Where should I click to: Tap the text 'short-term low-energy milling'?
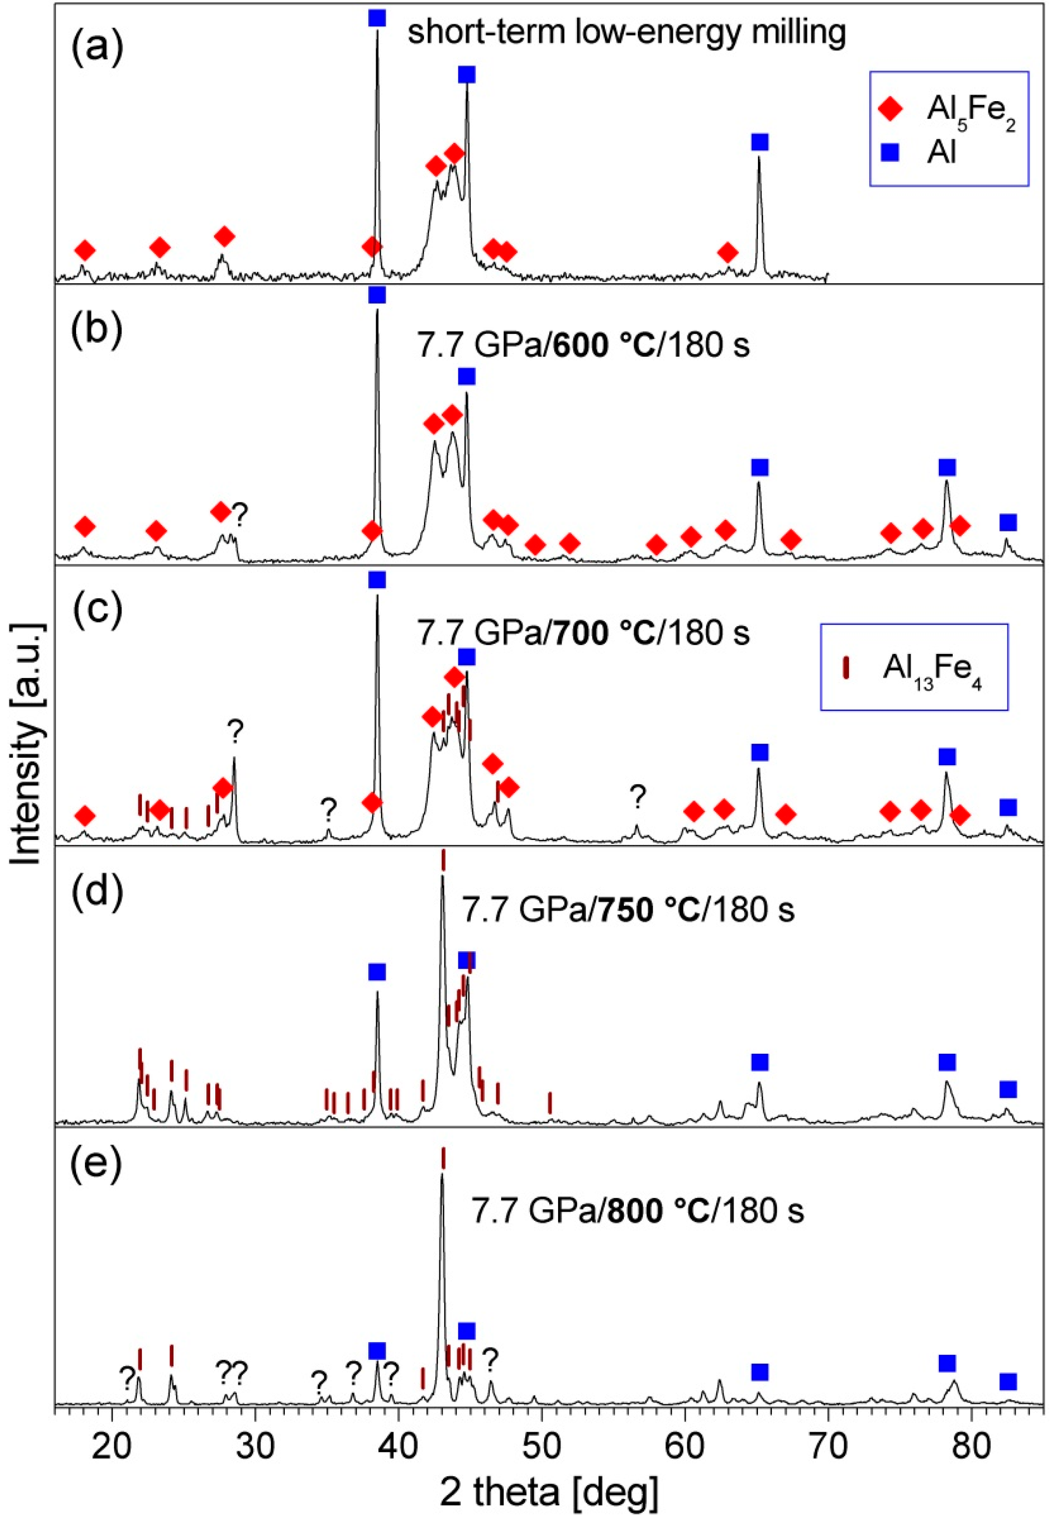coord(626,32)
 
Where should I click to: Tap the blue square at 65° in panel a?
coord(760,142)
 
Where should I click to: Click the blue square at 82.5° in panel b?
coord(1008,523)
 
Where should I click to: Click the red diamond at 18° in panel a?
coord(84,250)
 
